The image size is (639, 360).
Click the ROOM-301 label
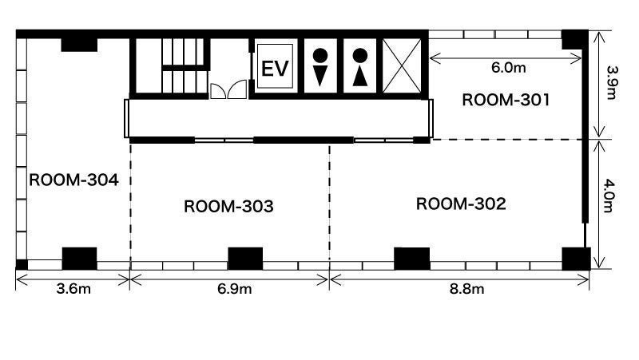pos(506,100)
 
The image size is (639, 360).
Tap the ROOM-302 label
pos(461,204)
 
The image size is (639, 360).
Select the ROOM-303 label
pos(228,207)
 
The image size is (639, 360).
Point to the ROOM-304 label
pos(73,180)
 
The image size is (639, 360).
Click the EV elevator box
pos(275,66)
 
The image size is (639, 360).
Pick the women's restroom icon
pos(360,67)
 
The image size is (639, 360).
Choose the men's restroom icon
pos(320,67)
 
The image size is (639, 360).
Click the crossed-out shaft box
pos(402,66)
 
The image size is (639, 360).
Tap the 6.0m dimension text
pos(508,68)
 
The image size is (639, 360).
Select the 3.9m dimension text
pos(612,82)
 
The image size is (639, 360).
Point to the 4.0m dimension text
pos(608,196)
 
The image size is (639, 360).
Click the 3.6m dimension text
pos(73,289)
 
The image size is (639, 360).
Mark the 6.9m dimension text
pos(234,289)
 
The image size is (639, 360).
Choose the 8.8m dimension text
pos(467,289)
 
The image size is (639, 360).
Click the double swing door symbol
pos(228,89)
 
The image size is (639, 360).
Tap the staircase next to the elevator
pos(183,65)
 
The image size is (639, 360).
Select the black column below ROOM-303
pos(245,258)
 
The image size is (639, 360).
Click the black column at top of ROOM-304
pos(79,45)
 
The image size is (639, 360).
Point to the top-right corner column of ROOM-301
pos(574,40)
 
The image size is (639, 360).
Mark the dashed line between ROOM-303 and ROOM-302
pos(329,203)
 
